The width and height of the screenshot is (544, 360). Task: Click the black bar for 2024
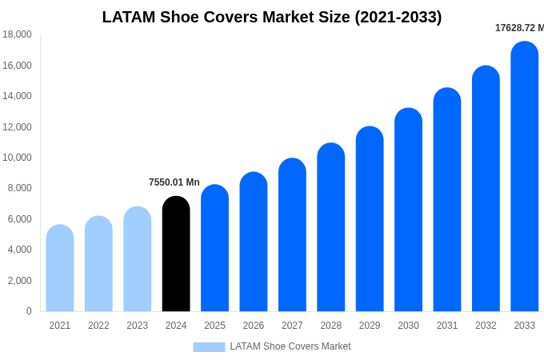(176, 254)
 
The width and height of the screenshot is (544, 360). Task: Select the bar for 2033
(525, 177)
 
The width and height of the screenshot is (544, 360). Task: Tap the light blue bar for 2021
(60, 269)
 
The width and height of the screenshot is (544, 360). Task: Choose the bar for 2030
(408, 210)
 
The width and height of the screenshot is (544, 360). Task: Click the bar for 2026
(254, 242)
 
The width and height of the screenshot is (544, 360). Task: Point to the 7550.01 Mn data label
(174, 182)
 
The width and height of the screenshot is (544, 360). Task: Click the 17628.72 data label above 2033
(519, 28)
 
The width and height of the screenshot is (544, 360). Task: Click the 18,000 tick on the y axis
(17, 34)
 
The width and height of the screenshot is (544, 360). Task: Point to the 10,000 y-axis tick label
(17, 158)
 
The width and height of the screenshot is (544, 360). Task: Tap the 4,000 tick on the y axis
(19, 250)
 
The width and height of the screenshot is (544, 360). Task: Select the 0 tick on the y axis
(29, 311)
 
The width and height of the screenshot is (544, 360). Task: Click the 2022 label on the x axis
(98, 326)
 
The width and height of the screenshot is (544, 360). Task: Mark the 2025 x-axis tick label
(214, 326)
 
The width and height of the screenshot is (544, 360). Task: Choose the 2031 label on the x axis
(447, 326)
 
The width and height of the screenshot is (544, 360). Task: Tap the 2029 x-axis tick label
(370, 326)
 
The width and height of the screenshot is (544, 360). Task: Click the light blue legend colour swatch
(209, 347)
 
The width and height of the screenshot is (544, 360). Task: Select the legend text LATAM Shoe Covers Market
(290, 346)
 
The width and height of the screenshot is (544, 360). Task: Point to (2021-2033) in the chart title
(398, 17)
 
